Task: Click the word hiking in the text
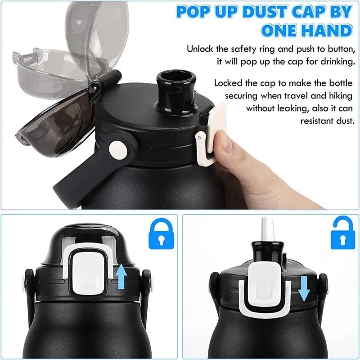(x=336, y=95)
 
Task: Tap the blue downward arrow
(x=305, y=288)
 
